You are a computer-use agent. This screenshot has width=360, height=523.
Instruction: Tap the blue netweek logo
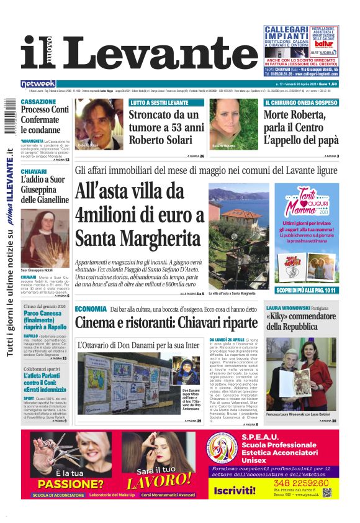pyautogui.click(x=38, y=84)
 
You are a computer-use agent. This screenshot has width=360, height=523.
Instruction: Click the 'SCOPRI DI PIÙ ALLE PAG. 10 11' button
pyautogui.click(x=307, y=289)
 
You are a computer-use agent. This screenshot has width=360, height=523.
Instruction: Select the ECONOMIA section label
pyautogui.click(x=91, y=309)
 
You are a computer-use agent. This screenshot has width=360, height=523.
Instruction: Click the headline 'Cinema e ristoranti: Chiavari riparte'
pyautogui.click(x=166, y=323)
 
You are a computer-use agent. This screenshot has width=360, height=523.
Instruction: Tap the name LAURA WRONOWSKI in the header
pyautogui.click(x=288, y=307)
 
